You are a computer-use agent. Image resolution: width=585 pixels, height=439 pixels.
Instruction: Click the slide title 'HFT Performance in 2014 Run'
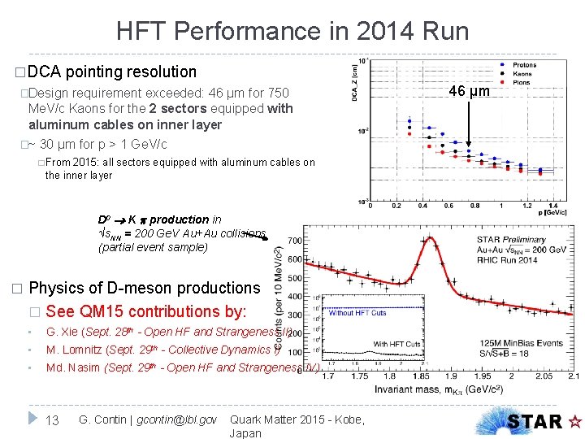tap(292, 31)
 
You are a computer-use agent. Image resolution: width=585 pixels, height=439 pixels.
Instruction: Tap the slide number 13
tap(53, 419)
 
